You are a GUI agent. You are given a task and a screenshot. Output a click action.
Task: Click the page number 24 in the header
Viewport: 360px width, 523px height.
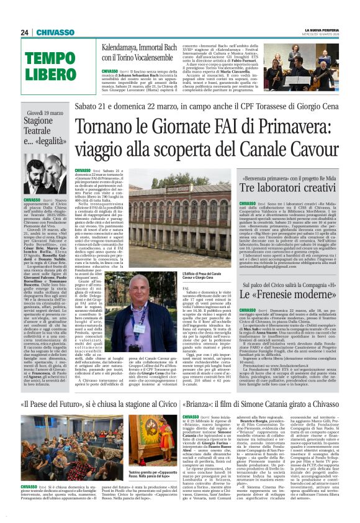(25, 32)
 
